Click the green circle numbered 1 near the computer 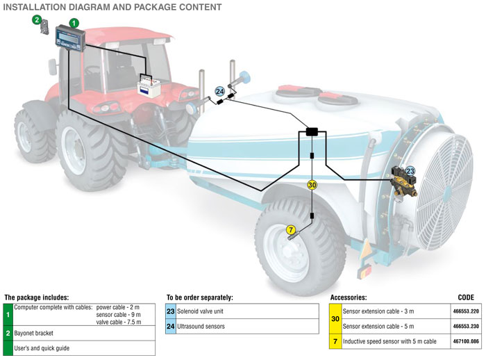74,23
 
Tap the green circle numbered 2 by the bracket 37,19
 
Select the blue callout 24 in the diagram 219,90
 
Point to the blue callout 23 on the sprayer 410,170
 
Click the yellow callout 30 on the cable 312,185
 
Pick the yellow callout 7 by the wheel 291,229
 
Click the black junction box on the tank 312,131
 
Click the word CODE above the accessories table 467,297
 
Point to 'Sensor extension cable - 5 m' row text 383,327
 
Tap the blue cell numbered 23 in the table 171,313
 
